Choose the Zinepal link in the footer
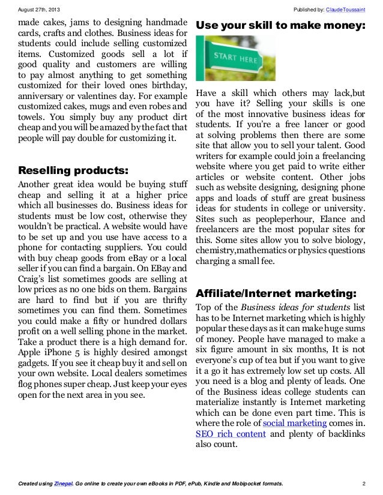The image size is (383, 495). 61,483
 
